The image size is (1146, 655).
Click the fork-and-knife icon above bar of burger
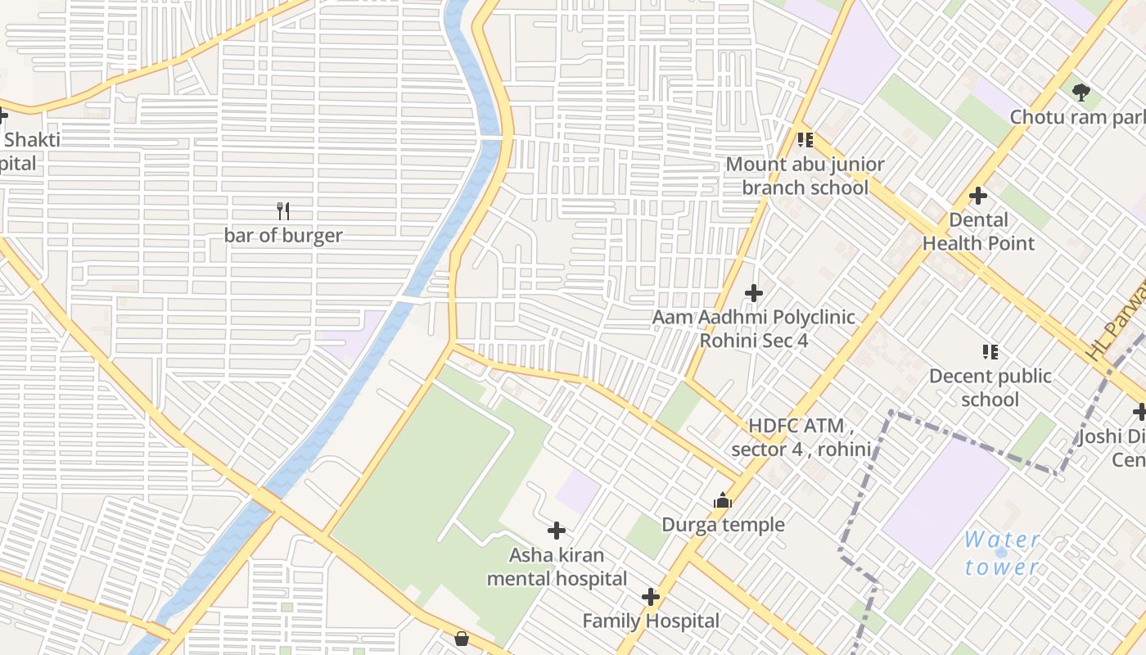pyautogui.click(x=283, y=211)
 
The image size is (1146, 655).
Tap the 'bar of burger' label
pyautogui.click(x=283, y=236)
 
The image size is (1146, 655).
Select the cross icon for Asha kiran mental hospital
pyautogui.click(x=557, y=531)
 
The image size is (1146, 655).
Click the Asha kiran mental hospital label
pyautogui.click(x=557, y=567)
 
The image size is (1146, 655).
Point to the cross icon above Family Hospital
pyautogui.click(x=651, y=597)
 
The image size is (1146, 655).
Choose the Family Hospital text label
pyautogui.click(x=651, y=621)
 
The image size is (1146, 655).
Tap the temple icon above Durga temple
pyautogui.click(x=723, y=500)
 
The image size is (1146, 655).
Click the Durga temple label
pyautogui.click(x=723, y=525)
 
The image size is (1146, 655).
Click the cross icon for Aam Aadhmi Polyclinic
pyautogui.click(x=754, y=292)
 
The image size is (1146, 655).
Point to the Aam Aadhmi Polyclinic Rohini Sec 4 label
pyautogui.click(x=754, y=328)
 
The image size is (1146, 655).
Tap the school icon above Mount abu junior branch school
pyautogui.click(x=805, y=140)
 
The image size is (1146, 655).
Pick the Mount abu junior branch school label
pyautogui.click(x=805, y=176)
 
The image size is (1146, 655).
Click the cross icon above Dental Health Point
pyautogui.click(x=978, y=196)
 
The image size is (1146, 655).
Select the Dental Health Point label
pyautogui.click(x=978, y=232)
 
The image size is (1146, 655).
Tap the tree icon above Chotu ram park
pyautogui.click(x=1081, y=92)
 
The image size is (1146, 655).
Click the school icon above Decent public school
pyautogui.click(x=990, y=352)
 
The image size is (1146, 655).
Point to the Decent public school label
pyautogui.click(x=990, y=388)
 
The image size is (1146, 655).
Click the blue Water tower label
pyautogui.click(x=1002, y=553)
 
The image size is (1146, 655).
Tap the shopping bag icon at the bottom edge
pyautogui.click(x=462, y=639)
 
